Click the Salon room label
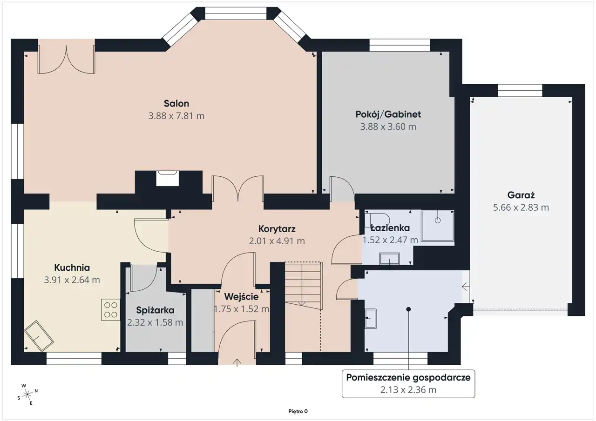point(176,103)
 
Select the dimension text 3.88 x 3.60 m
point(388,127)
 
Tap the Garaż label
point(521,195)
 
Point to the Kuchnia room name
point(72,267)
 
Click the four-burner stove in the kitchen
point(110,310)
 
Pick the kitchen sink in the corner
point(39,336)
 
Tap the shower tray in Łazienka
point(438,226)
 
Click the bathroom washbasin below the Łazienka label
point(390,259)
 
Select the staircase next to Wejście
point(304,286)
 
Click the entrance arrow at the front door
point(237,362)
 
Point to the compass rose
point(27,394)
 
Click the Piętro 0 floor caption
point(298,411)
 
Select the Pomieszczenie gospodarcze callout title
point(408,378)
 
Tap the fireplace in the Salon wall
point(167,178)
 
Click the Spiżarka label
point(155,310)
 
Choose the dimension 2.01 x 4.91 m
point(277,241)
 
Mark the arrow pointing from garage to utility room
point(465,287)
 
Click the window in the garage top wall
point(520,90)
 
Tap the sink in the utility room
point(371,318)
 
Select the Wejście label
point(241,297)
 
